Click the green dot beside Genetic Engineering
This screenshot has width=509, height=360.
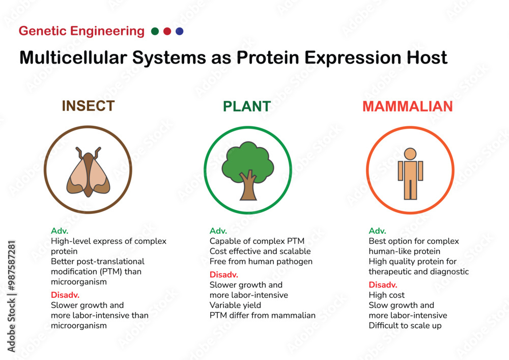155,32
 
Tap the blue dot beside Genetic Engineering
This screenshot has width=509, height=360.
179,32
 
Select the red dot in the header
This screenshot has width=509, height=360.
167,32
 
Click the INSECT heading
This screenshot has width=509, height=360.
88,106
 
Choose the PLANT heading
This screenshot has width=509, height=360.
247,106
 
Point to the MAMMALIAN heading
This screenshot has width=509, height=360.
407,106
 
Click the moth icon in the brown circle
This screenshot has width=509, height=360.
88,173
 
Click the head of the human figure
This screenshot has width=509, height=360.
410,154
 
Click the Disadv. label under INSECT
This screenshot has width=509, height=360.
65,295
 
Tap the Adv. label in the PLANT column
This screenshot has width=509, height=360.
218,231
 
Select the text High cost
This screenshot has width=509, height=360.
386,295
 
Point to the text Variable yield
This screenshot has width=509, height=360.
235,305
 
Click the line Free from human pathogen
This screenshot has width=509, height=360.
261,261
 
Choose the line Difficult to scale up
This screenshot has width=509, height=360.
405,325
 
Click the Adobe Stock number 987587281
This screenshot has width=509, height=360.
12,270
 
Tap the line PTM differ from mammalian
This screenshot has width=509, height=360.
263,315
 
